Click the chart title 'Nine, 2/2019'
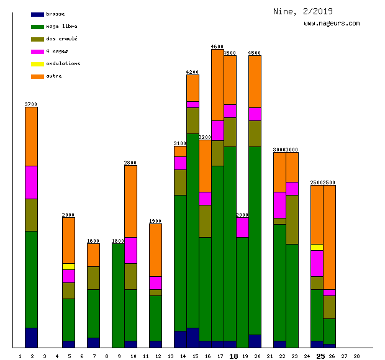pos(302,11)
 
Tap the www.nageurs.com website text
pos(332,24)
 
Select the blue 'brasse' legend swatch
pos(37,14)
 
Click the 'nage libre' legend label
pos(61,27)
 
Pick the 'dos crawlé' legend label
pos(61,39)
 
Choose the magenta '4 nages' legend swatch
pos(37,52)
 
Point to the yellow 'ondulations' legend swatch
pos(37,64)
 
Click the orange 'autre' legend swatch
pos(37,76)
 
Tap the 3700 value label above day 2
pos(31,104)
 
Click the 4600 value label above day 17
pos(217,47)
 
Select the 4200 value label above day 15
pos(192,72)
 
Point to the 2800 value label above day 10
pos(130,163)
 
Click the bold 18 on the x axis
pos(233,356)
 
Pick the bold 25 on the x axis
pos(320,356)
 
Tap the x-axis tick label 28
pos(356,356)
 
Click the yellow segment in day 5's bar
pos(68,266)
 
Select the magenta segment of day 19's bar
pos(242,227)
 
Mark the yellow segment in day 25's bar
pos(317,247)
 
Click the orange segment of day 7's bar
pos(93,254)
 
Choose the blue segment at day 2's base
pos(31,338)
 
